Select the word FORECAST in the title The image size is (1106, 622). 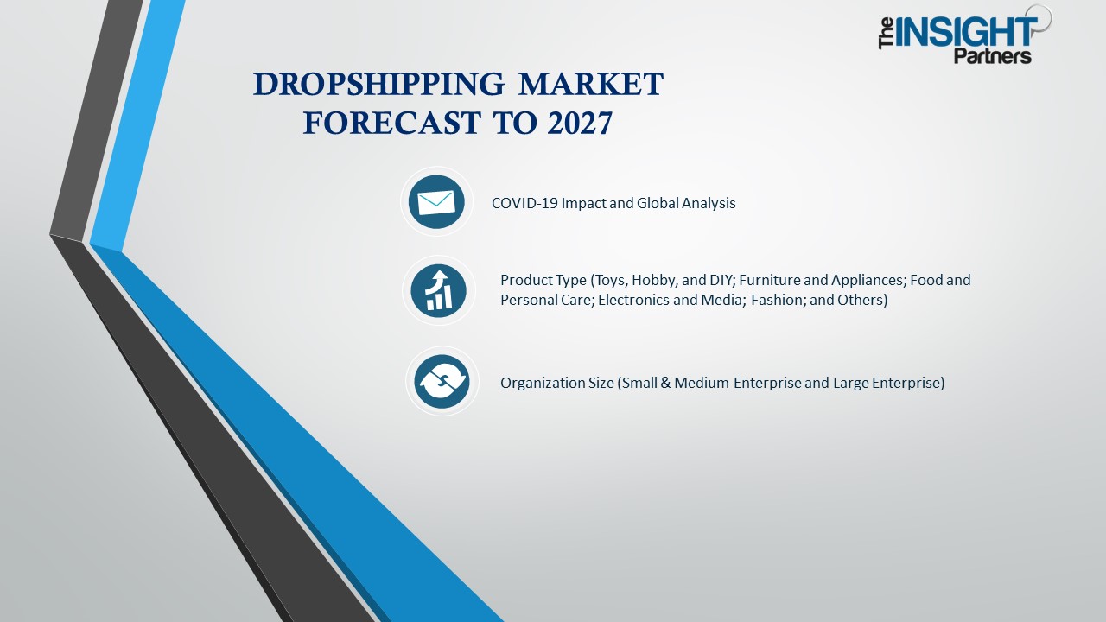pos(391,124)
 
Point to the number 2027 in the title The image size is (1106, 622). pos(580,124)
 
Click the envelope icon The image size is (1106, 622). pos(436,202)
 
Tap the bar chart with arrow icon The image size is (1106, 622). pos(439,290)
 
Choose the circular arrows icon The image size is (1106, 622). pos(442,381)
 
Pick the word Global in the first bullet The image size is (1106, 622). pos(659,203)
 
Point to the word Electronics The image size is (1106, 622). pos(635,300)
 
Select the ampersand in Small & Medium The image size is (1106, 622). pos(664,383)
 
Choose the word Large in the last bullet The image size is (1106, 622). pos(851,383)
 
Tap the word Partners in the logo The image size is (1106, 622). pos(992,56)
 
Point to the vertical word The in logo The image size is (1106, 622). pos(886,35)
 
